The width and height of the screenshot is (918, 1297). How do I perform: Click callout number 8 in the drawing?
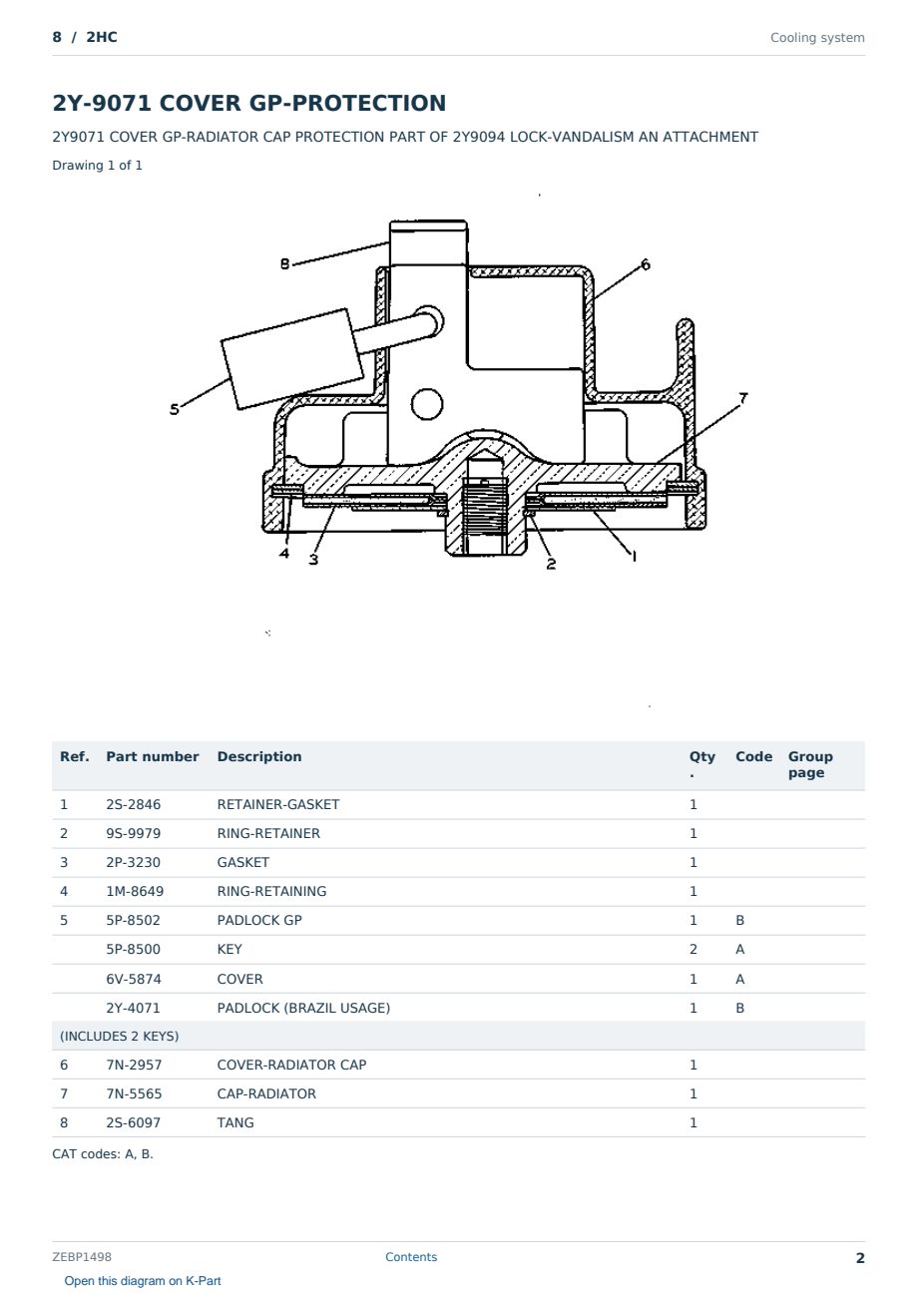pos(284,264)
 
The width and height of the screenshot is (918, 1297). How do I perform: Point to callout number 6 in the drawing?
pos(646,264)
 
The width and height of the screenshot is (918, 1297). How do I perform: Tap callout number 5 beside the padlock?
pos(175,409)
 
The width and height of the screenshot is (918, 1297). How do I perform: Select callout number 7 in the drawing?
pos(743,398)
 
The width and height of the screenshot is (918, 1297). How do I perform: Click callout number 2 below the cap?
pos(551,564)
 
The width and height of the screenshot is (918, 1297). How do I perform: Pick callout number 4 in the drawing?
pos(283,553)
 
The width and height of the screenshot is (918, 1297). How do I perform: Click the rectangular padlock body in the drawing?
pos(292,359)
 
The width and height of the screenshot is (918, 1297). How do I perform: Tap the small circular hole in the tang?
pos(427,404)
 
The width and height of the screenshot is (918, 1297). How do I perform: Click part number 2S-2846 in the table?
pos(134,804)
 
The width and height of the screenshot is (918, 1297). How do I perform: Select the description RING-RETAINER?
pos(268,833)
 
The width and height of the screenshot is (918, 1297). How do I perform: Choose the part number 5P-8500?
pos(134,949)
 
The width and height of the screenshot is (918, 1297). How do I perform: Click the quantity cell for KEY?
pos(693,949)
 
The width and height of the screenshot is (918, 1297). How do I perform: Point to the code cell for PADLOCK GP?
pos(739,920)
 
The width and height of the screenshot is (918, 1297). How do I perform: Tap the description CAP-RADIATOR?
pos(266,1093)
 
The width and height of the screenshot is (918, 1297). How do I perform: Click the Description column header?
pos(258,756)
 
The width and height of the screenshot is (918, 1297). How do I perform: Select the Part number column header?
pos(153,756)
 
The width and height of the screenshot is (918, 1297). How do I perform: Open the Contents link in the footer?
pos(411,1257)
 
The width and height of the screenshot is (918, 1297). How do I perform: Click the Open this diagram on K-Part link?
pos(143,1281)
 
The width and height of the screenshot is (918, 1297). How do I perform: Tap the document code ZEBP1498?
pos(82,1257)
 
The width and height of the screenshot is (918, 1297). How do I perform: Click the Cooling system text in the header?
pos(817,38)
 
